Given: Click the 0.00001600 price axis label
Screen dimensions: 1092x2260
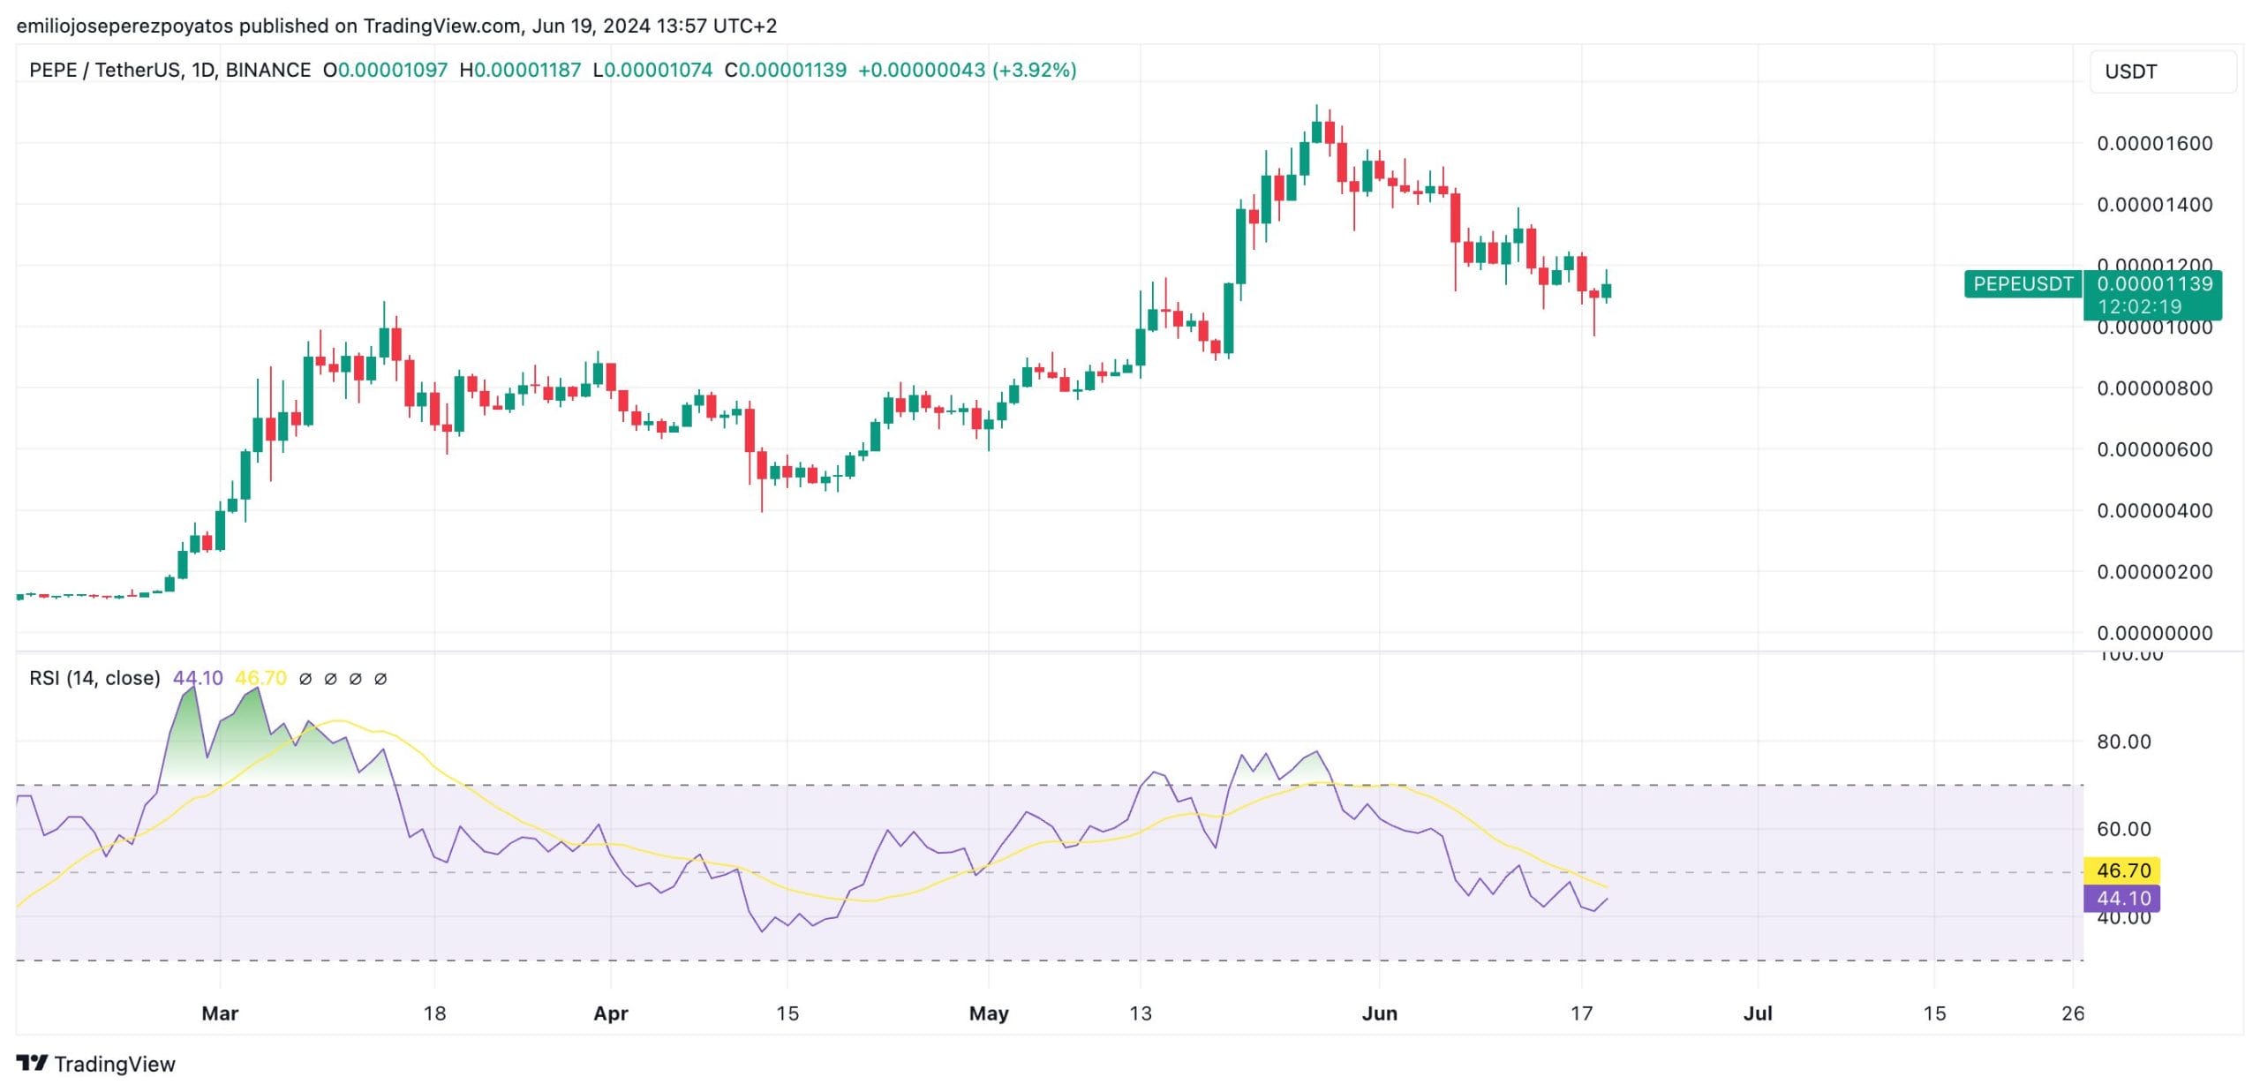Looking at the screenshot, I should (x=2154, y=143).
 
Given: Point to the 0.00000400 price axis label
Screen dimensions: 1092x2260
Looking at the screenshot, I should (x=2154, y=510).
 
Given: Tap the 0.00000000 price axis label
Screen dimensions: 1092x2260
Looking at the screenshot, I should (x=2154, y=633).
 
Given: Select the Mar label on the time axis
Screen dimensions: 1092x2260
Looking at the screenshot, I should (x=220, y=1013).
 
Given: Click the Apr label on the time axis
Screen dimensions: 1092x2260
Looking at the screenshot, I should (x=611, y=1013).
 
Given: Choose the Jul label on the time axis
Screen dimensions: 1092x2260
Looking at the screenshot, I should (x=1758, y=1013).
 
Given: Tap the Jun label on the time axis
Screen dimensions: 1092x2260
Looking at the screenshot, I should (x=1379, y=1013).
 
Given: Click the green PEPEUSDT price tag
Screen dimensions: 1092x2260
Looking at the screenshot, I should (x=2023, y=284).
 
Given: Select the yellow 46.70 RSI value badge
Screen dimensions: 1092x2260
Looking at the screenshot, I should (x=2122, y=870).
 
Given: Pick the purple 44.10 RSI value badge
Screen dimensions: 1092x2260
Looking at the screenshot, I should (x=2122, y=899).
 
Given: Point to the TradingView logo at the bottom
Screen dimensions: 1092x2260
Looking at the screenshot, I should (x=96, y=1064).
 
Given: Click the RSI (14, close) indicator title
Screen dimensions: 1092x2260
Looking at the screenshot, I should (x=94, y=678).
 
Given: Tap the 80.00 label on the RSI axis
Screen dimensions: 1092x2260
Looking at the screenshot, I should (x=2123, y=742).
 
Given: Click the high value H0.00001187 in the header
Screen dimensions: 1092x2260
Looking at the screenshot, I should (x=520, y=70).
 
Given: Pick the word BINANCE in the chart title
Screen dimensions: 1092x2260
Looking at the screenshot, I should (x=267, y=70).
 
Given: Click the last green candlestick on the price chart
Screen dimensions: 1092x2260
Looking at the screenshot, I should (x=1606, y=290).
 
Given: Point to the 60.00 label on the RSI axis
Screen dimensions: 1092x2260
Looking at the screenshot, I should (x=2123, y=829).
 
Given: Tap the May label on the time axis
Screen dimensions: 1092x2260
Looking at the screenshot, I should (x=989, y=1013).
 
